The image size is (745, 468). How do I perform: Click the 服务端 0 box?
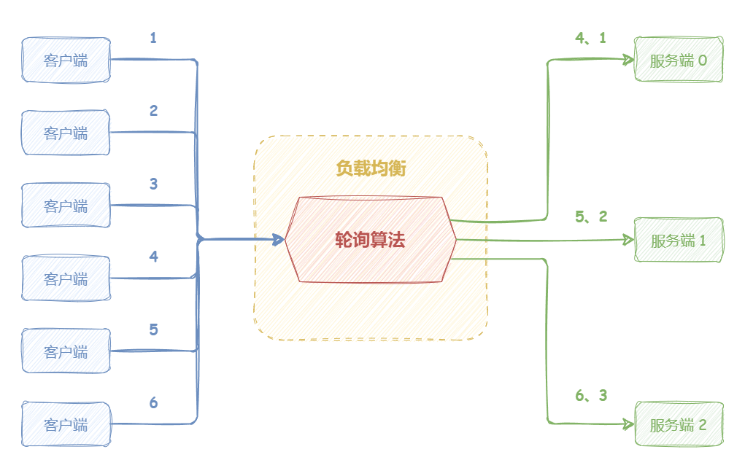[x=679, y=60]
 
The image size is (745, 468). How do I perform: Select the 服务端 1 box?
[x=679, y=239]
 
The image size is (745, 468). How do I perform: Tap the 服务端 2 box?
[x=679, y=424]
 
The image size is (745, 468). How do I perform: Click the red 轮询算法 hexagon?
[x=370, y=239]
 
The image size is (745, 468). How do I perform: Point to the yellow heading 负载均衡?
[x=370, y=168]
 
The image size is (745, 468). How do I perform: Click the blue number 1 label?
[x=153, y=37]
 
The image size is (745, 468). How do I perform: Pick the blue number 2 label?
[x=153, y=111]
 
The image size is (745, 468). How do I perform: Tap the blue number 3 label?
[x=153, y=184]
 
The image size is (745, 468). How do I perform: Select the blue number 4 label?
[x=153, y=257]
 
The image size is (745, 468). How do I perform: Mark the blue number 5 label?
[x=153, y=329]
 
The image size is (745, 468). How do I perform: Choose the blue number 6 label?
[x=153, y=402]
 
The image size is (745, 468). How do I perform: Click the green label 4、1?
[x=591, y=38]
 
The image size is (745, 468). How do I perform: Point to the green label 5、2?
[x=591, y=217]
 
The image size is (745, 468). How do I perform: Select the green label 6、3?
[x=591, y=395]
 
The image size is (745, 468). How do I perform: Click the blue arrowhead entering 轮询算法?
[x=279, y=238]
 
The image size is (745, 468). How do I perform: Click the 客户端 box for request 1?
[x=66, y=60]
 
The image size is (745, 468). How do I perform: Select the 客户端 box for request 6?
[x=66, y=424]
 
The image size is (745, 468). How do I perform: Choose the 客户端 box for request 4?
[x=66, y=278]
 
